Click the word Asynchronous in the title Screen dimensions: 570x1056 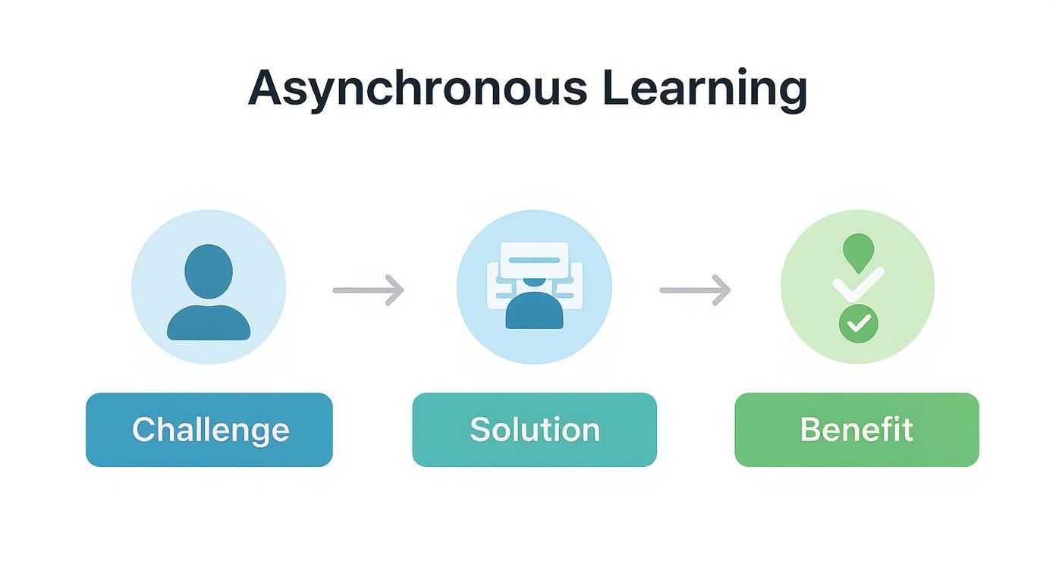click(x=417, y=88)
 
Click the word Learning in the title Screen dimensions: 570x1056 click(x=705, y=88)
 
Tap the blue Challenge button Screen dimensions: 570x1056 click(x=209, y=430)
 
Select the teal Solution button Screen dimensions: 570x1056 click(x=534, y=430)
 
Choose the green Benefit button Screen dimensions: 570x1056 click(x=856, y=430)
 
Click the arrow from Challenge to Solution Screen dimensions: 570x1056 click(x=369, y=290)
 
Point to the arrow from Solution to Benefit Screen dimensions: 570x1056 click(x=695, y=290)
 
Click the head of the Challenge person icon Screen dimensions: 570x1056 click(x=208, y=270)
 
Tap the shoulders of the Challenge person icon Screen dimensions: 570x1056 click(x=208, y=324)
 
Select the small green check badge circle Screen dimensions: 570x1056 click(x=858, y=324)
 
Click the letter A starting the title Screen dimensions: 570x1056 click(x=265, y=88)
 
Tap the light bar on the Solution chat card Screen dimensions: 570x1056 click(x=534, y=260)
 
